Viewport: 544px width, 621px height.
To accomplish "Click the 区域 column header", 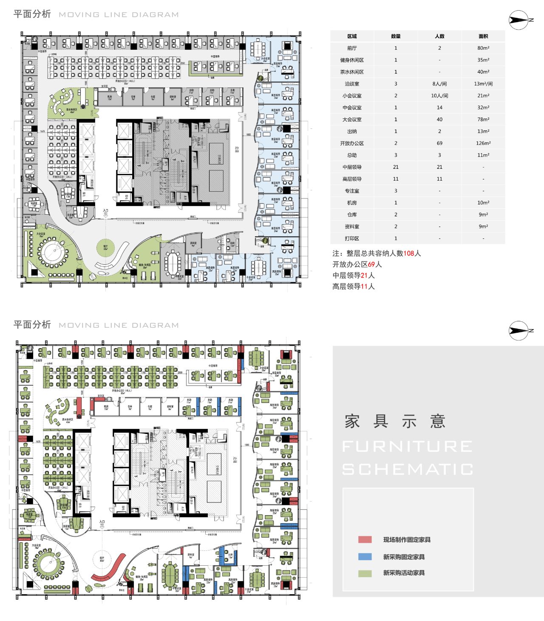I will point(352,36).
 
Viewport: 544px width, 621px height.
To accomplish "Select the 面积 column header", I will point(483,36).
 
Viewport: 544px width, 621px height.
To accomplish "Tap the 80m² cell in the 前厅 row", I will point(483,48).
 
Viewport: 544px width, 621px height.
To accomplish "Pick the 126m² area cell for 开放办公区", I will point(483,143).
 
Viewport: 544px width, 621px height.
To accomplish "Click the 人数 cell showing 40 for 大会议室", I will point(439,119).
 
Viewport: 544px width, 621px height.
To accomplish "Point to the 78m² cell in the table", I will point(483,119).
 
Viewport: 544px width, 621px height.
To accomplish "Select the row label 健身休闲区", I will point(352,60).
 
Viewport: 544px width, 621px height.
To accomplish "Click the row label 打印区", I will point(352,238).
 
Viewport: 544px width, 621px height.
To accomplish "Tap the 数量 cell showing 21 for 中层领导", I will point(396,167).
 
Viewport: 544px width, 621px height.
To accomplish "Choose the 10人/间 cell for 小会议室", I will point(439,96).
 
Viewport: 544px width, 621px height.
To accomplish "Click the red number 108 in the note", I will point(408,253).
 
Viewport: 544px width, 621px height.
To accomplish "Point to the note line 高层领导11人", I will point(354,286).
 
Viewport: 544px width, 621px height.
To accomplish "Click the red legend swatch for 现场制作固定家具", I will point(365,539).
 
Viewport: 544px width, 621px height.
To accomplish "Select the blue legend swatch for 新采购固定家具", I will point(365,556).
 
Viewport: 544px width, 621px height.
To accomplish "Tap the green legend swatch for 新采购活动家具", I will point(365,573).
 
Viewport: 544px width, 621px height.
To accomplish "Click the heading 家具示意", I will point(395,421).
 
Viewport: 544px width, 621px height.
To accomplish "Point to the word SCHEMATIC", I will point(408,469).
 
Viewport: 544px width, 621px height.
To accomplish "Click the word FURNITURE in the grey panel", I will point(408,446).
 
